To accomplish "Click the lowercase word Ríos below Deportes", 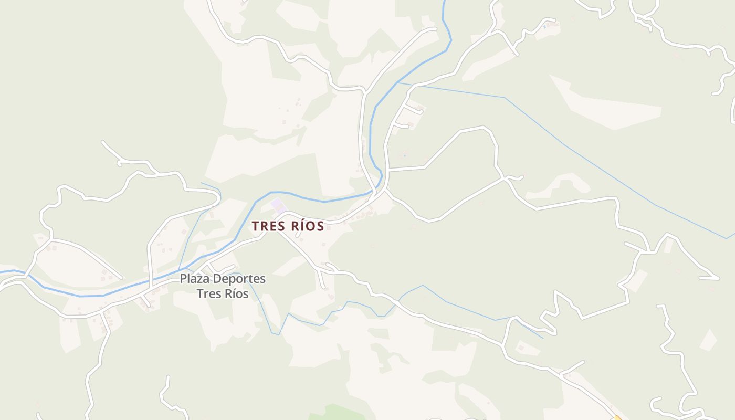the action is pyautogui.click(x=236, y=293).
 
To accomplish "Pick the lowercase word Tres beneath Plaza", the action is pyautogui.click(x=208, y=293).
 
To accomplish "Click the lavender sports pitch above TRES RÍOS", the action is pyautogui.click(x=279, y=206).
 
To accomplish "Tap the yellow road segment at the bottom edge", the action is pyautogui.click(x=617, y=417).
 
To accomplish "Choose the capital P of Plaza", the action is pyautogui.click(x=183, y=279).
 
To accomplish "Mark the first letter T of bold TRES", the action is pyautogui.click(x=255, y=226).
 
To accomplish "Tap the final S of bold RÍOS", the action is pyautogui.click(x=320, y=226).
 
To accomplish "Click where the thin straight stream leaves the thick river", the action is pyautogui.click(x=397, y=82).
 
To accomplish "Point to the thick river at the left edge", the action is pyautogui.click(x=2, y=271).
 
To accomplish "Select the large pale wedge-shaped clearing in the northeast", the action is pyautogui.click(x=609, y=108).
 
